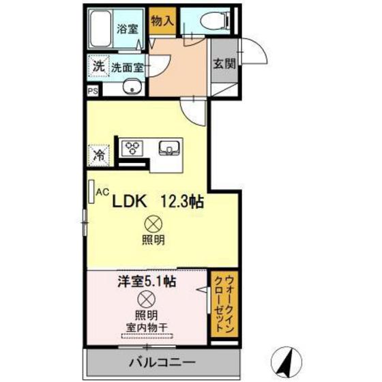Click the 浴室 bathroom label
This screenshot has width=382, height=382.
(127, 29)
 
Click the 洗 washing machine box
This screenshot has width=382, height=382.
(98, 67)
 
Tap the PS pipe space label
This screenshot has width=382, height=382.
(91, 90)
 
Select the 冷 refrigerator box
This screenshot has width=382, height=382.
(98, 154)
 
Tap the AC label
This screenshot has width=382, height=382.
(102, 193)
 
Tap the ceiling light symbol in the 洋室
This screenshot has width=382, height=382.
(145, 298)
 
